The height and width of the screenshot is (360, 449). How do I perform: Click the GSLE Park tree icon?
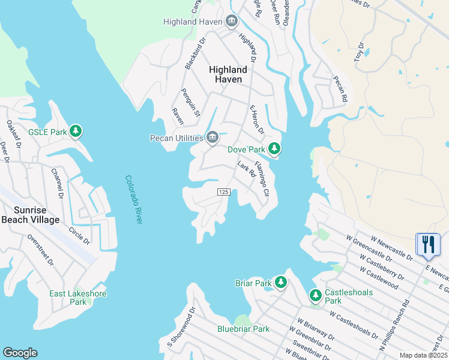point(76,131)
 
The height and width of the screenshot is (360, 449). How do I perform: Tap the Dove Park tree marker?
point(274,148)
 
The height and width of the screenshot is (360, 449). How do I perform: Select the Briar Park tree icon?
point(280,282)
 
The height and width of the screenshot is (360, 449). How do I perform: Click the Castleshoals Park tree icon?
point(316,295)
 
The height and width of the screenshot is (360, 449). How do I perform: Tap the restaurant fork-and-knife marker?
point(428,244)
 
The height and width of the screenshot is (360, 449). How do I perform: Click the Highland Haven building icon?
point(232,22)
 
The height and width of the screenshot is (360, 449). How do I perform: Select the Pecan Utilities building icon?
point(212,138)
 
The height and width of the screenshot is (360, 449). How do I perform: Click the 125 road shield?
point(223,191)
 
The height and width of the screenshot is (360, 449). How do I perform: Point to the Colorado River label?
point(134,199)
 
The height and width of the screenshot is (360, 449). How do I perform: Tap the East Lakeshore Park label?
point(78,298)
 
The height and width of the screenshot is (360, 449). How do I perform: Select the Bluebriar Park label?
point(243,329)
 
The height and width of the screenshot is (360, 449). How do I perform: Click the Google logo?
point(20,353)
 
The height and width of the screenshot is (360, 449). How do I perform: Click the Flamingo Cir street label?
point(262,179)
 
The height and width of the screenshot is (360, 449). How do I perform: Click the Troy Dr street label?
point(359,52)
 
